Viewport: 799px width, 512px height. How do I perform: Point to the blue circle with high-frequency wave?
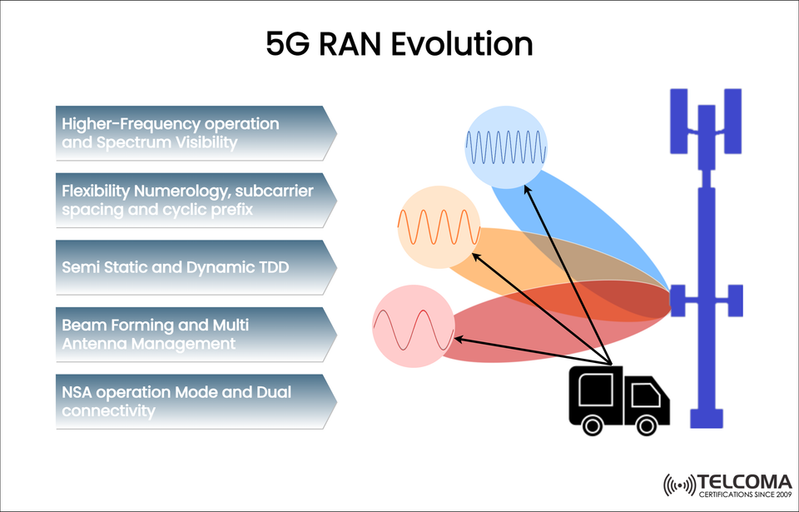coord(505,147)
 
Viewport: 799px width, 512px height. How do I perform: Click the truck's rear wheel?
coord(592,425)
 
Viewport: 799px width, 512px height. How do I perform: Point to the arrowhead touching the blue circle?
coord(526,189)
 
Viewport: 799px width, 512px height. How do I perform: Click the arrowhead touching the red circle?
coord(457,338)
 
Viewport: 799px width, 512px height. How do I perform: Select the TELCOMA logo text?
coord(745,481)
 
